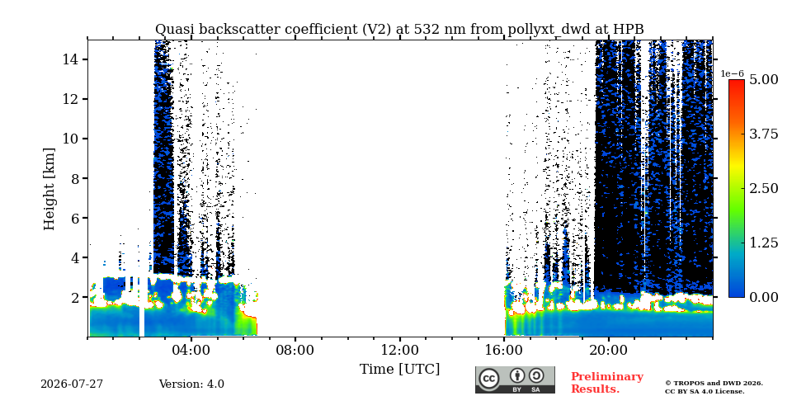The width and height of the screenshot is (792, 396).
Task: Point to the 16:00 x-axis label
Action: (504, 350)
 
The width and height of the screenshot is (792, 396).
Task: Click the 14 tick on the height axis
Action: (69, 59)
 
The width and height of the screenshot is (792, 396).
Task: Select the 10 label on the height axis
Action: (69, 139)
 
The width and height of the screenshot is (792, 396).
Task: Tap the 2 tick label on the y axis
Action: (73, 298)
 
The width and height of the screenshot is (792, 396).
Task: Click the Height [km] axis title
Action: (49, 189)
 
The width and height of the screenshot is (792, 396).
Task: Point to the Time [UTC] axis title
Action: (399, 370)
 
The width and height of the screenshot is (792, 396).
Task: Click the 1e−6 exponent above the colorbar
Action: (733, 73)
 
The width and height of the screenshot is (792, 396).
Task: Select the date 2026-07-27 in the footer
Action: (72, 384)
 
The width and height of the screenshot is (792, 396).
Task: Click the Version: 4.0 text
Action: (191, 384)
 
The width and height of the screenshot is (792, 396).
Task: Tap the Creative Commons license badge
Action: (515, 379)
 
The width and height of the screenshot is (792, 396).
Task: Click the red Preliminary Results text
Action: (607, 382)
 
